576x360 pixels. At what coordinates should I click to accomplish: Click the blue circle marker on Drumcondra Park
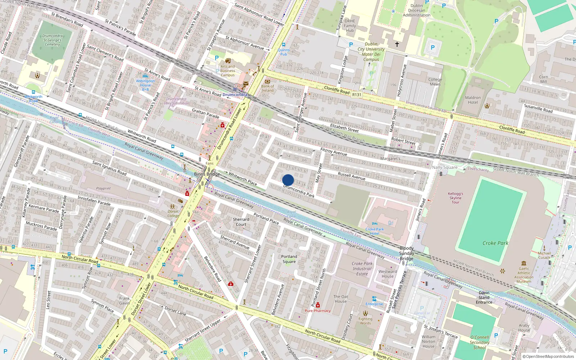tap(288, 180)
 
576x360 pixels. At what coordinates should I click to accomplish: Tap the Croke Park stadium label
tap(495, 243)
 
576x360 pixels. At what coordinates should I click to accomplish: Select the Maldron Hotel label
tap(473, 100)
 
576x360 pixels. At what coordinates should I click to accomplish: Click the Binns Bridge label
tap(207, 174)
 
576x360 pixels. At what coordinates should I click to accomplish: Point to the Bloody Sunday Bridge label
tap(406, 253)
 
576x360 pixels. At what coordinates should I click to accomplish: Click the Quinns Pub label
tap(284, 52)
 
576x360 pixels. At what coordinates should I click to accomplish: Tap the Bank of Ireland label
tap(267, 88)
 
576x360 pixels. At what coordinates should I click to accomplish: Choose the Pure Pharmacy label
tap(318, 311)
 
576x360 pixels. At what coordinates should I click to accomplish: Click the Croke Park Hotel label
tap(374, 231)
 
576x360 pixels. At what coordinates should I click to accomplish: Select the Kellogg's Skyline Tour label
tap(455, 198)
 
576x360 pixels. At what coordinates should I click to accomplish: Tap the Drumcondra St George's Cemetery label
tap(53, 40)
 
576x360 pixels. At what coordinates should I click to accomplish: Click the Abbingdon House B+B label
tap(145, 85)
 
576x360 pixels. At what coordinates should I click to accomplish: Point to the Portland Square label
tap(289, 259)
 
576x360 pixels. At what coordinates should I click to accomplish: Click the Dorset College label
tap(173, 214)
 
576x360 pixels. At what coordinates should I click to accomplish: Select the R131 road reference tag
tap(356, 95)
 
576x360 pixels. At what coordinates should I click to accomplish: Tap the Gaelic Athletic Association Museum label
tap(524, 275)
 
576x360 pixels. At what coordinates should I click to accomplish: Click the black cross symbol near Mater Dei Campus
tap(397, 44)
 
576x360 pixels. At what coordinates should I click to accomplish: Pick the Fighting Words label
tap(365, 321)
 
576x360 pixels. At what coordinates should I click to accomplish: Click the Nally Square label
tap(445, 167)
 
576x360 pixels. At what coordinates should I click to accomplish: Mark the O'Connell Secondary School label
tap(480, 342)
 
